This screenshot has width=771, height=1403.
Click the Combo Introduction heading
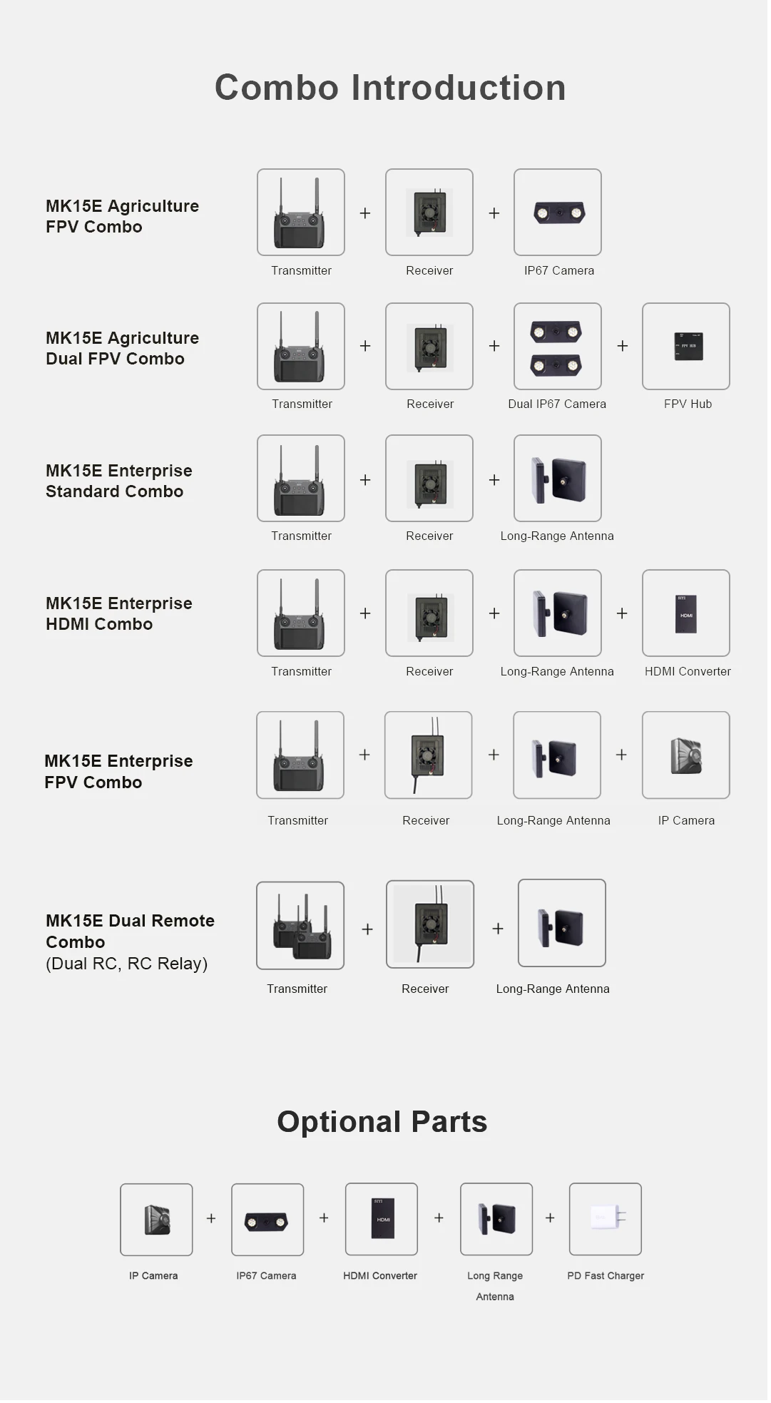390,88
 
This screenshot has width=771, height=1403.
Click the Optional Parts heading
382,1121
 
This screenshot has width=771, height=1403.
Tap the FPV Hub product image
685,346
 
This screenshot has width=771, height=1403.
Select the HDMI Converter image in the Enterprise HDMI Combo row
685,613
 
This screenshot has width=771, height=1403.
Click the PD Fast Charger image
605,1218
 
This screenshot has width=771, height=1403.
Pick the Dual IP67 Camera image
557,346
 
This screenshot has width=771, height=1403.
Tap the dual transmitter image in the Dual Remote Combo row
300,925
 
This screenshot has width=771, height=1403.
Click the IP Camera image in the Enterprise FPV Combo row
685,755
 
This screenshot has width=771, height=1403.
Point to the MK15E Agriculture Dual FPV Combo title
122,348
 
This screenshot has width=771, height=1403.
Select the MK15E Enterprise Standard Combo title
118,481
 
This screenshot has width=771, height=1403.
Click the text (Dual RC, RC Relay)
126,964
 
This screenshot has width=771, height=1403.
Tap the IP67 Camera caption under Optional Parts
266,1275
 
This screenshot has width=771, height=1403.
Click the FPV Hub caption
688,404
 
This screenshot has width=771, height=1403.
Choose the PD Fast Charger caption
606,1275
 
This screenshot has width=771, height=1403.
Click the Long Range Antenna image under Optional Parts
496,1218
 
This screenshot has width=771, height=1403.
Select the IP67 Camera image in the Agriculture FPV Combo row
557,212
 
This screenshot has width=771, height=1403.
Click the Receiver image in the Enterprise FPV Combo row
428,755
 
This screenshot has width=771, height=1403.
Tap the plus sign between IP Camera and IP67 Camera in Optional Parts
211,1218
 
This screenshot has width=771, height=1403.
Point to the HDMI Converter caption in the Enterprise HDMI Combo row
688,671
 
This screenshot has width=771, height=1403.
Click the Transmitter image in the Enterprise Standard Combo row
300,478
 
